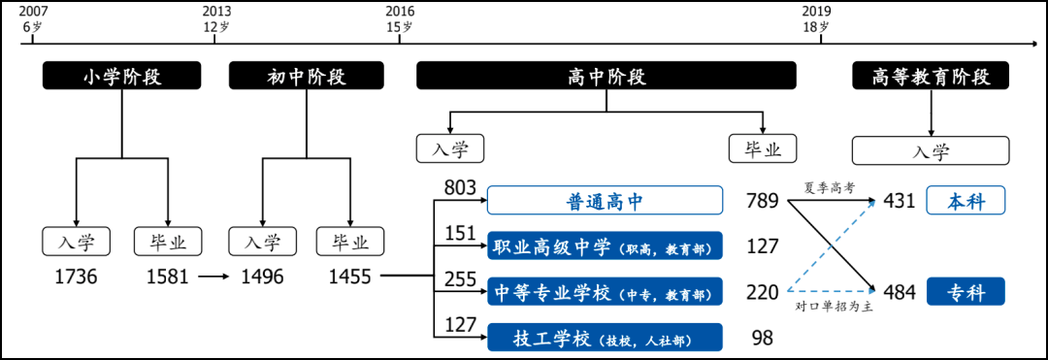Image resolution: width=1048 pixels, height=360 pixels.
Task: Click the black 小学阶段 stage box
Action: tap(121, 76)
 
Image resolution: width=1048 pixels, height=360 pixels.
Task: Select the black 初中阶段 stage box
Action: tap(307, 76)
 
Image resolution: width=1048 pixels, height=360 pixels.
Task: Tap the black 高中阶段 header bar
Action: tap(606, 76)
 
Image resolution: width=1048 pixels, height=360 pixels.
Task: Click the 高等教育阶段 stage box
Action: tap(931, 76)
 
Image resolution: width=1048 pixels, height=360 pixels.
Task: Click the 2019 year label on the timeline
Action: tap(819, 11)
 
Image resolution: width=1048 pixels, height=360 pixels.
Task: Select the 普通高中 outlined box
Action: tap(605, 200)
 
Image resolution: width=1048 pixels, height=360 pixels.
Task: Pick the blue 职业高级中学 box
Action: tap(605, 245)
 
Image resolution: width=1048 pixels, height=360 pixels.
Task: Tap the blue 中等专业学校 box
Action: tap(605, 291)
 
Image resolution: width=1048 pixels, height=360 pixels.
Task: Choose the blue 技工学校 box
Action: tap(605, 338)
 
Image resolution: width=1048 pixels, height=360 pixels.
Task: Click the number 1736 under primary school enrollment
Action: tap(76, 276)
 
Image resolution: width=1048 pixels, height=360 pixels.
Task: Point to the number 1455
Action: tap(349, 276)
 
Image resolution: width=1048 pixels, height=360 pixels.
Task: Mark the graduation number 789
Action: tap(763, 200)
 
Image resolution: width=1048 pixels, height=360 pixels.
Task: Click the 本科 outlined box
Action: tap(966, 200)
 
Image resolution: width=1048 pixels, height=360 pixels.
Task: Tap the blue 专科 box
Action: tap(966, 291)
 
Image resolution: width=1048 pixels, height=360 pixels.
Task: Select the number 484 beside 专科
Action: tap(900, 292)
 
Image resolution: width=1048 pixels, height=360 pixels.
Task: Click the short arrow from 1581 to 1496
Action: tap(212, 276)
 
